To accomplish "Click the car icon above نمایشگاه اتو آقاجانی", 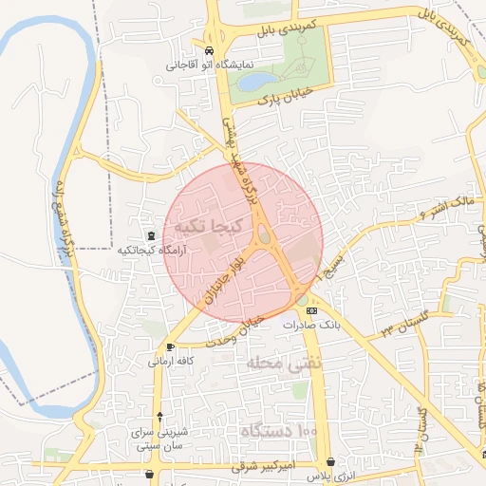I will point(209,50).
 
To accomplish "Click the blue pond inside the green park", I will point(252,83).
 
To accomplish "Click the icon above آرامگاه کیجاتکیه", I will point(150,235).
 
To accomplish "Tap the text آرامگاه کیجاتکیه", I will point(150,251).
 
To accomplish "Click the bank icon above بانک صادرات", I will point(312,310).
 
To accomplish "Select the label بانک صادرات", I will point(311,325).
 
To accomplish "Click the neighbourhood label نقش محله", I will point(285,363).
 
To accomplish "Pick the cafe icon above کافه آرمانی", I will point(170,347).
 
